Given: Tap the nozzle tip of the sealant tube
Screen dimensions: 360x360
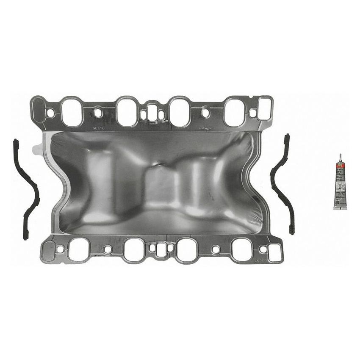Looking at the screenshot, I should [x=340, y=156].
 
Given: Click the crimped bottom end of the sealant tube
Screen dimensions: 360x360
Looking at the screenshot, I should [x=340, y=207].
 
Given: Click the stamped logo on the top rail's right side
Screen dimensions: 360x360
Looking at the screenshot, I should [x=206, y=127].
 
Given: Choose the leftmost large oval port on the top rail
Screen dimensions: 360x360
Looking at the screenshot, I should [x=72, y=112].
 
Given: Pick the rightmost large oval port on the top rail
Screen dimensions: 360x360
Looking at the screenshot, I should [x=234, y=112].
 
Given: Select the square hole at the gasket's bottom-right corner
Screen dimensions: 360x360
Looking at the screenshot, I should [x=275, y=252].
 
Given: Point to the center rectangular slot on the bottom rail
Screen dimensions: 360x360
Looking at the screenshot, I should [x=161, y=250].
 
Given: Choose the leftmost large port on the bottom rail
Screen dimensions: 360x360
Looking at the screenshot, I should [x=79, y=249].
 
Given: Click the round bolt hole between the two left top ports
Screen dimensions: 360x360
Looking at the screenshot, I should [x=98, y=113].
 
